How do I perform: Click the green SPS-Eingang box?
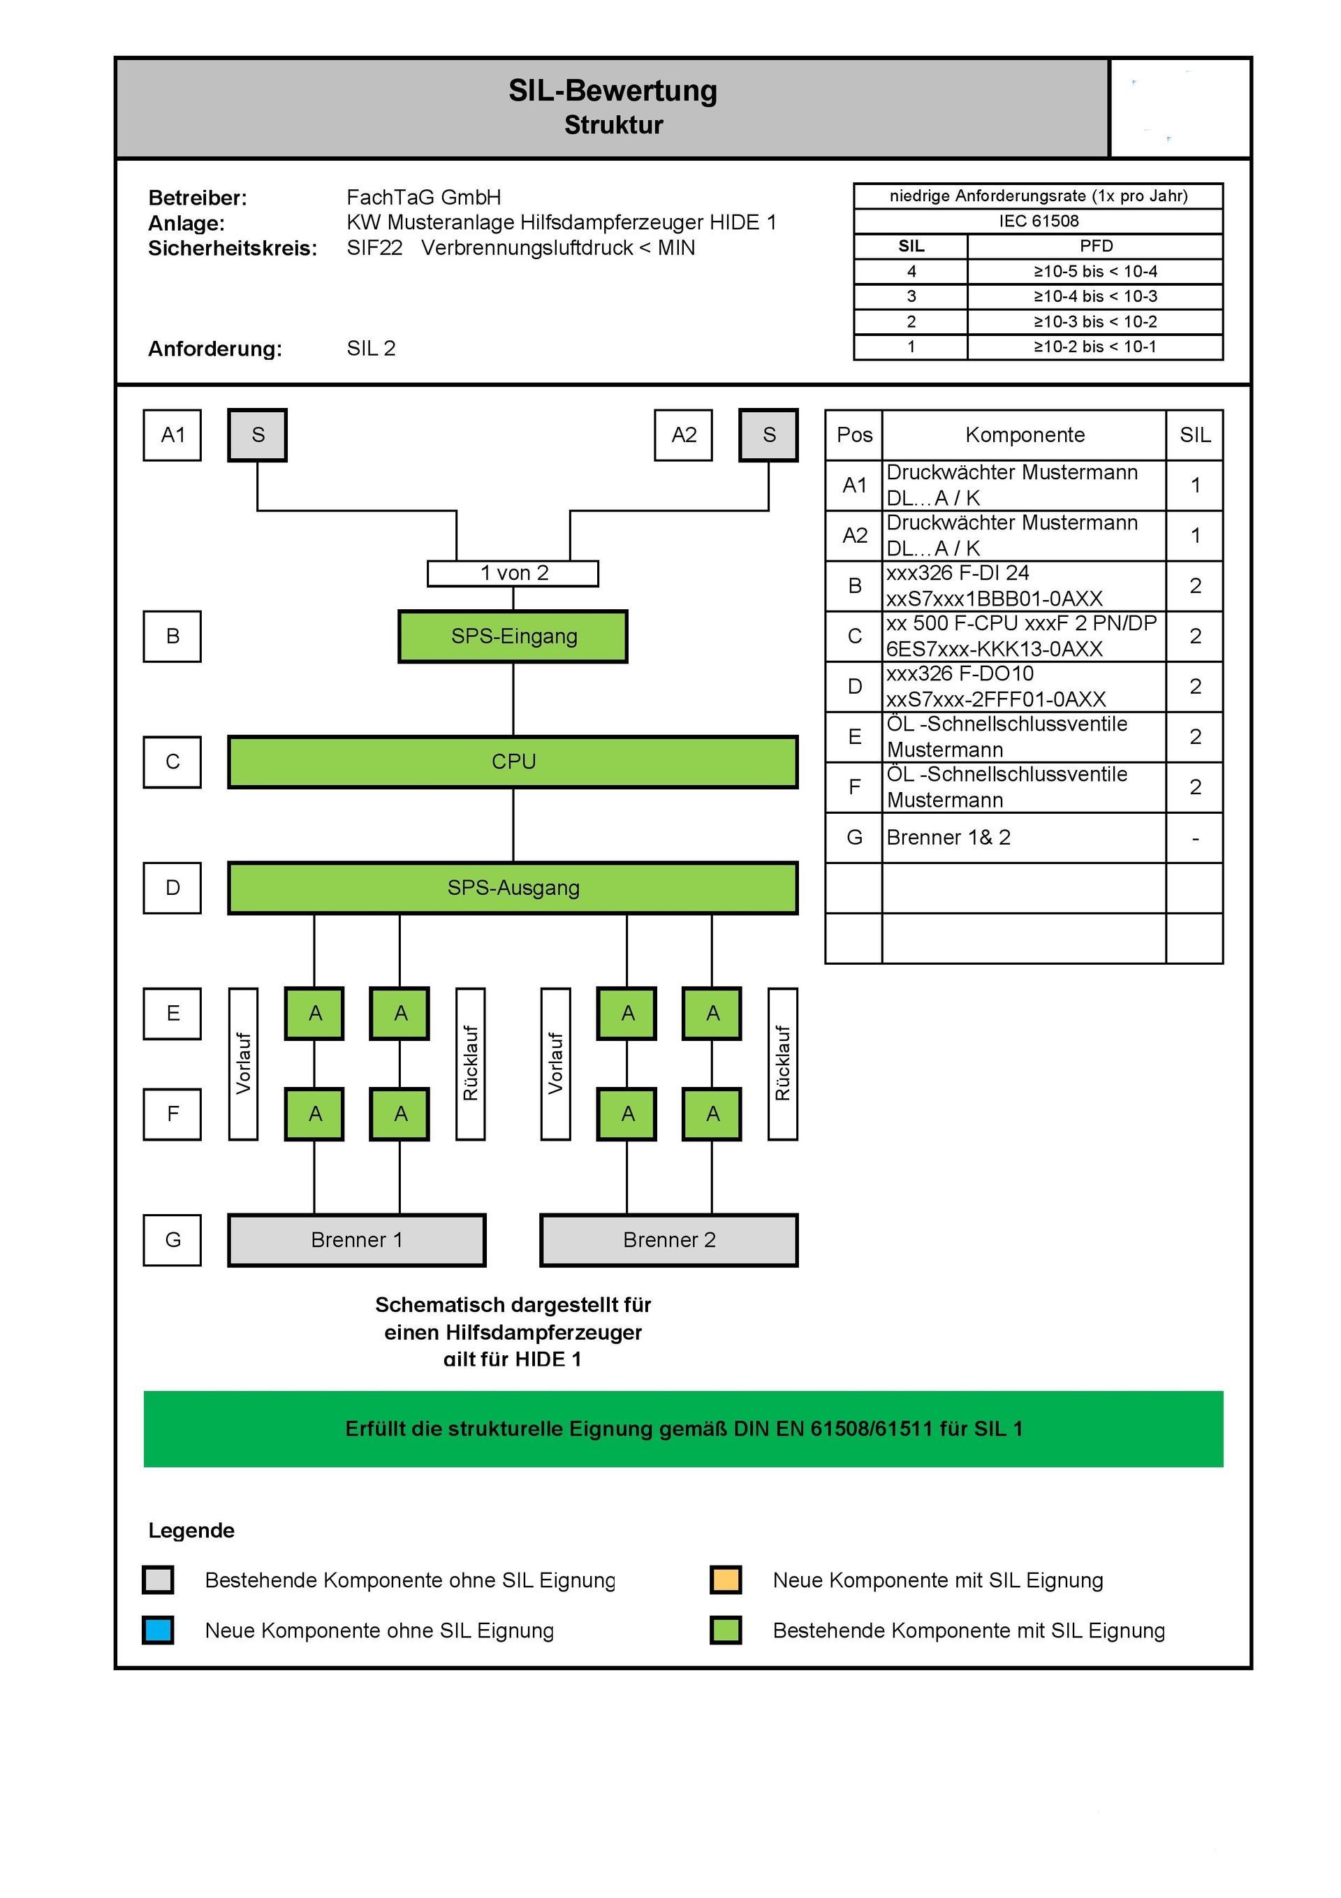coord(513,636)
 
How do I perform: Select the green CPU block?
coord(513,761)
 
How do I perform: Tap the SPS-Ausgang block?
coord(513,887)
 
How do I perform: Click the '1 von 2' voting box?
coord(513,573)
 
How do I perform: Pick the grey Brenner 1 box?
coord(356,1239)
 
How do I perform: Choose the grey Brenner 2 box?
coord(669,1239)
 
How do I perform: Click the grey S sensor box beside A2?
coord(768,435)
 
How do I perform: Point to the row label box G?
coord(172,1239)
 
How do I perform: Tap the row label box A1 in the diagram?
coord(172,435)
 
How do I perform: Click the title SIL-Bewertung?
coord(613,90)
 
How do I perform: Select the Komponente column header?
coord(1025,435)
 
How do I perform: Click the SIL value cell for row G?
coord(1194,838)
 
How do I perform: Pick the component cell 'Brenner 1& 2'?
coord(948,838)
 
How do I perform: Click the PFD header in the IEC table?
coord(1095,245)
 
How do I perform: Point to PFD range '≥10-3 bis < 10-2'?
coord(1095,321)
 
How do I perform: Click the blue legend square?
coord(158,1630)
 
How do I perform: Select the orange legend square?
coord(725,1579)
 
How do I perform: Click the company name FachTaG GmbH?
coord(423,198)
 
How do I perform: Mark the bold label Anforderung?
coord(215,348)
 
